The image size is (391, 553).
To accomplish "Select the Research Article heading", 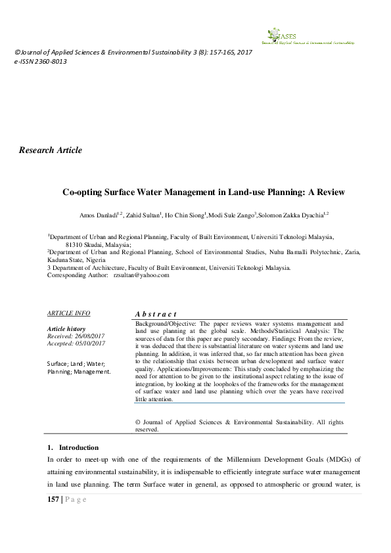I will pyautogui.click(x=51, y=150).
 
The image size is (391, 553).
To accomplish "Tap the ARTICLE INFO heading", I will pyautogui.click(x=69, y=313).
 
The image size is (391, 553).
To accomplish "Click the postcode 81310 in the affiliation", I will pyautogui.click(x=75, y=243).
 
